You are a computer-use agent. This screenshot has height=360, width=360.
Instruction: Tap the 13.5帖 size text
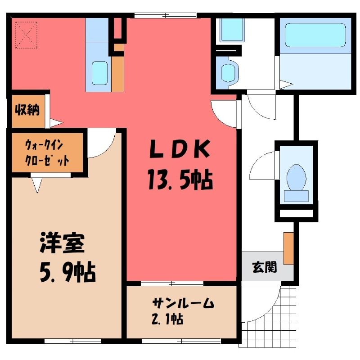(180, 179)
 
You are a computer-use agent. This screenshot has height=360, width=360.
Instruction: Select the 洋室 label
(62, 243)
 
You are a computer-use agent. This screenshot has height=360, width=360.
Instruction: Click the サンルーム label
(183, 303)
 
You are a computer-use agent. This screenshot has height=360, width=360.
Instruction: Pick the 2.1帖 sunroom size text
(167, 319)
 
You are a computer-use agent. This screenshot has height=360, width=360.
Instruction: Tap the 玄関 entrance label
(265, 267)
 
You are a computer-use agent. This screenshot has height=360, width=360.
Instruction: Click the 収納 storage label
(27, 110)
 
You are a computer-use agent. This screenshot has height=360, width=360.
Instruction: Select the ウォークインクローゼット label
(47, 152)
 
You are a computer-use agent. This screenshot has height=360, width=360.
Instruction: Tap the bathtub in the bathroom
(315, 35)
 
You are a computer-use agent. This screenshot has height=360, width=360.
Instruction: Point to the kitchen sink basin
(99, 73)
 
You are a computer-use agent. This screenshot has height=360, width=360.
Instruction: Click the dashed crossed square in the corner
(27, 35)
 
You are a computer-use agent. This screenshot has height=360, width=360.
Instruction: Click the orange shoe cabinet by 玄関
(288, 248)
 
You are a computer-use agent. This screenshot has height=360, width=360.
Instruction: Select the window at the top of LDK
(165, 16)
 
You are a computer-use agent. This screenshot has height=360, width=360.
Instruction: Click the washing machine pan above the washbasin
(232, 30)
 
